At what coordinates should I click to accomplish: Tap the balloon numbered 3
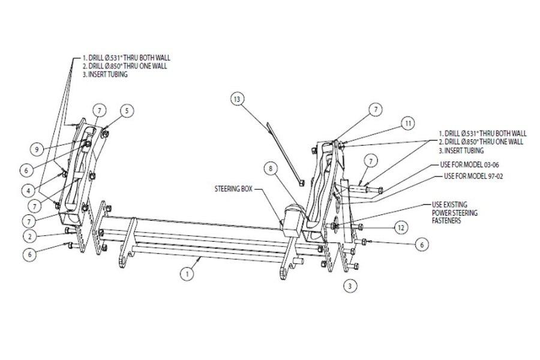click(x=349, y=286)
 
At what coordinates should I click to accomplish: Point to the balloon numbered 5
click(x=127, y=110)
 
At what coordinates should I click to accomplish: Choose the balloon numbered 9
click(x=38, y=148)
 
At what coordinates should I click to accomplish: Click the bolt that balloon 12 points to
click(x=362, y=227)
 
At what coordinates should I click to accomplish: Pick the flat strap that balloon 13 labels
click(x=282, y=149)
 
